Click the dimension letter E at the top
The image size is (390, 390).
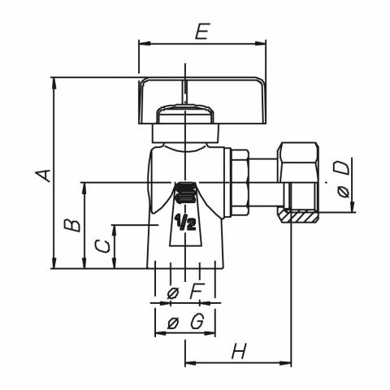tap(203, 32)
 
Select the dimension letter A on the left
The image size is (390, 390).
tap(43, 175)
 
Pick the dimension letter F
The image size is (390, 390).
tap(196, 291)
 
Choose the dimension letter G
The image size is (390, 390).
tap(197, 322)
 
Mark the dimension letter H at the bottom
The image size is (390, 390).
tap(240, 351)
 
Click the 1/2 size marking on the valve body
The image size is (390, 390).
tap(185, 222)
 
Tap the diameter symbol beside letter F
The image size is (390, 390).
tap(173, 292)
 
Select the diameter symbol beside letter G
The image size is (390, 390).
tap(173, 323)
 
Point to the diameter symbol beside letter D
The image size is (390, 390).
tap(344, 192)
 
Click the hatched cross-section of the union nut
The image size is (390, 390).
tap(300, 217)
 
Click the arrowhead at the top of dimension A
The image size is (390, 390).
tap(54, 83)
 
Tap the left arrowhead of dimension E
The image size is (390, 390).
tap(144, 43)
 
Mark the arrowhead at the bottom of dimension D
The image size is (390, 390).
tap(353, 206)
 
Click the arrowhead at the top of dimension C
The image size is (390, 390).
tap(115, 230)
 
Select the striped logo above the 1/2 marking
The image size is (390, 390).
tap(185, 193)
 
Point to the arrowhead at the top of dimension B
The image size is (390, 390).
tap(84, 188)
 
